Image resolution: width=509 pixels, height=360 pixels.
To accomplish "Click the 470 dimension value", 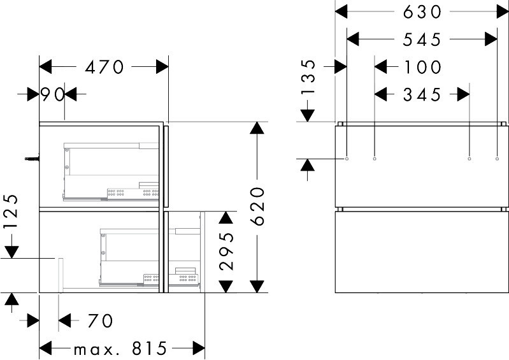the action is [x=104, y=67].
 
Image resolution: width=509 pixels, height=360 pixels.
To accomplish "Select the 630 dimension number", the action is [x=422, y=12].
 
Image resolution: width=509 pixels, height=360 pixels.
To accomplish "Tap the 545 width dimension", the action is [x=422, y=40].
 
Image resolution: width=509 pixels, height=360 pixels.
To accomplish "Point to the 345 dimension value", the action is [x=422, y=95].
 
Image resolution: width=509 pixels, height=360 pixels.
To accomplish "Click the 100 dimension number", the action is [x=423, y=67].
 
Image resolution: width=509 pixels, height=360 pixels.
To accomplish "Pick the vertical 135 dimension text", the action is [x=308, y=76].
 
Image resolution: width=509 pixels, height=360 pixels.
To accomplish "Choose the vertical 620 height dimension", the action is [x=258, y=206].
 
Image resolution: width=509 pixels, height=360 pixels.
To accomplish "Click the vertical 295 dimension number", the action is [x=226, y=251].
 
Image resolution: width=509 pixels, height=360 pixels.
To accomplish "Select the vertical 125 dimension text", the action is [x=11, y=212].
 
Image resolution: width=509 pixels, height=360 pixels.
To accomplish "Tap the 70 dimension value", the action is [x=100, y=320].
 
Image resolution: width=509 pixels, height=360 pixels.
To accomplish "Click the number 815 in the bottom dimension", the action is [x=149, y=349].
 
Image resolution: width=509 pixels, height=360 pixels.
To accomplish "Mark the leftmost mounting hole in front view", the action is [x=347, y=159].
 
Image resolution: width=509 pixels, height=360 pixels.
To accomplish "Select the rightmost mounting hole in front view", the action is [x=498, y=159].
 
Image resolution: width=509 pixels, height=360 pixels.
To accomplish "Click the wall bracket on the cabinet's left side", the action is [x=32, y=159].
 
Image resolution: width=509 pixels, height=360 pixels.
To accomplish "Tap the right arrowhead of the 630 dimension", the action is [x=502, y=12].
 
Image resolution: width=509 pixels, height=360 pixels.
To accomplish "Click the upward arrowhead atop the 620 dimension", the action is [x=257, y=127].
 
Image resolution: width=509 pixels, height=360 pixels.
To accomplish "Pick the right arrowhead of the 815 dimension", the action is [x=199, y=349].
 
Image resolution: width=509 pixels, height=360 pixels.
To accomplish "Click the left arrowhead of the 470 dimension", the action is [x=45, y=67].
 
